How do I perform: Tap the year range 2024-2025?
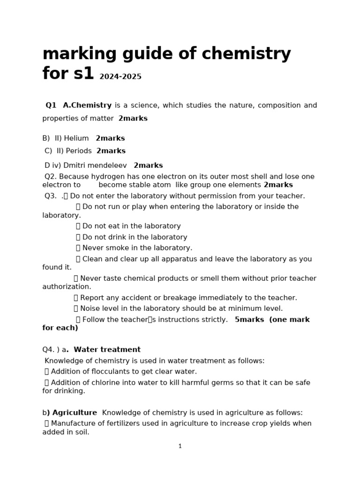point(120,77)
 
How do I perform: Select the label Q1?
point(51,105)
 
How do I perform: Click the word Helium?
point(76,138)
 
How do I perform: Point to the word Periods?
point(79,151)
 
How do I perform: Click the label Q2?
point(51,177)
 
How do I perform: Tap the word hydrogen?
point(109,177)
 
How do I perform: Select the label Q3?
point(51,196)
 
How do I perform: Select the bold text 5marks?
point(249,320)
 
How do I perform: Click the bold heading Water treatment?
point(107,350)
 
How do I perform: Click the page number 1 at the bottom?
point(180,446)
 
